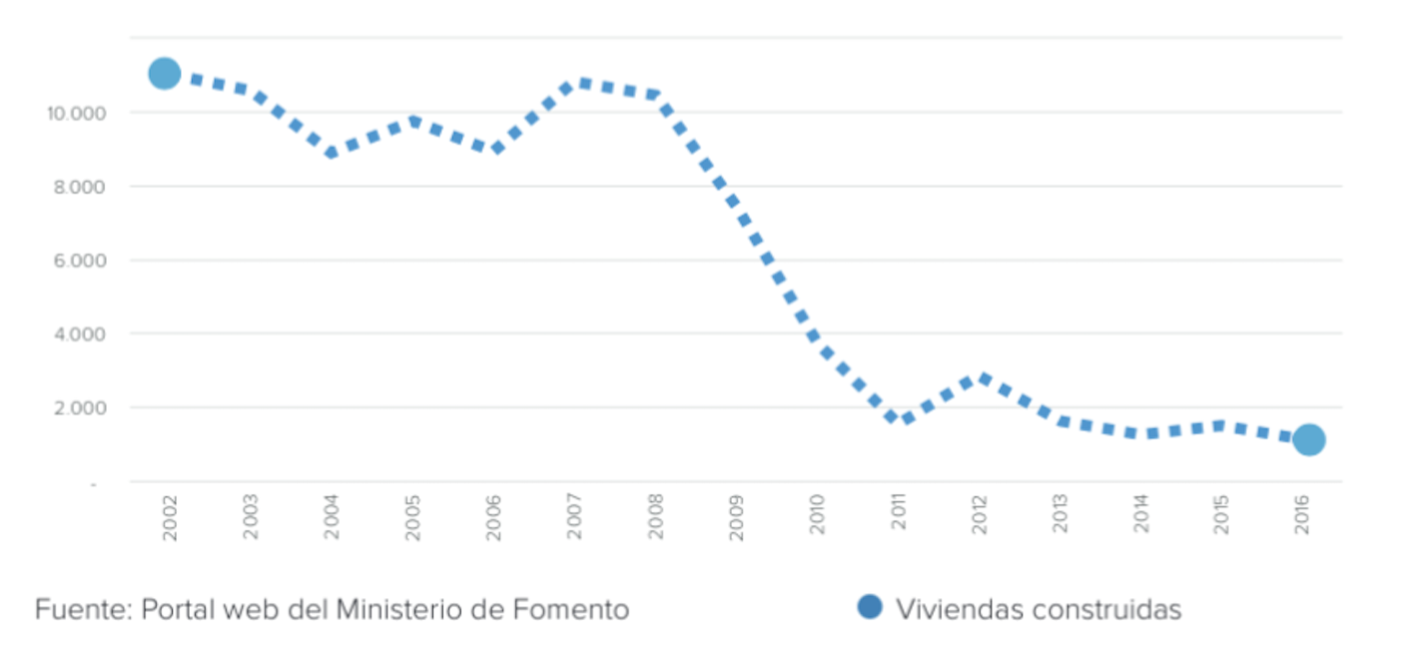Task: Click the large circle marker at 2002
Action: click(x=165, y=73)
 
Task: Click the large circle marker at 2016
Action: click(x=1309, y=439)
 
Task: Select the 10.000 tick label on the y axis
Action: click(x=76, y=113)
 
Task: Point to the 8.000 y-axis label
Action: click(x=79, y=187)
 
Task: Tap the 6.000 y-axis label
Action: click(x=79, y=261)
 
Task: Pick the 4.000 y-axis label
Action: click(x=79, y=334)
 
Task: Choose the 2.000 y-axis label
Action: click(x=79, y=408)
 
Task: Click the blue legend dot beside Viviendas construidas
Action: click(x=870, y=606)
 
